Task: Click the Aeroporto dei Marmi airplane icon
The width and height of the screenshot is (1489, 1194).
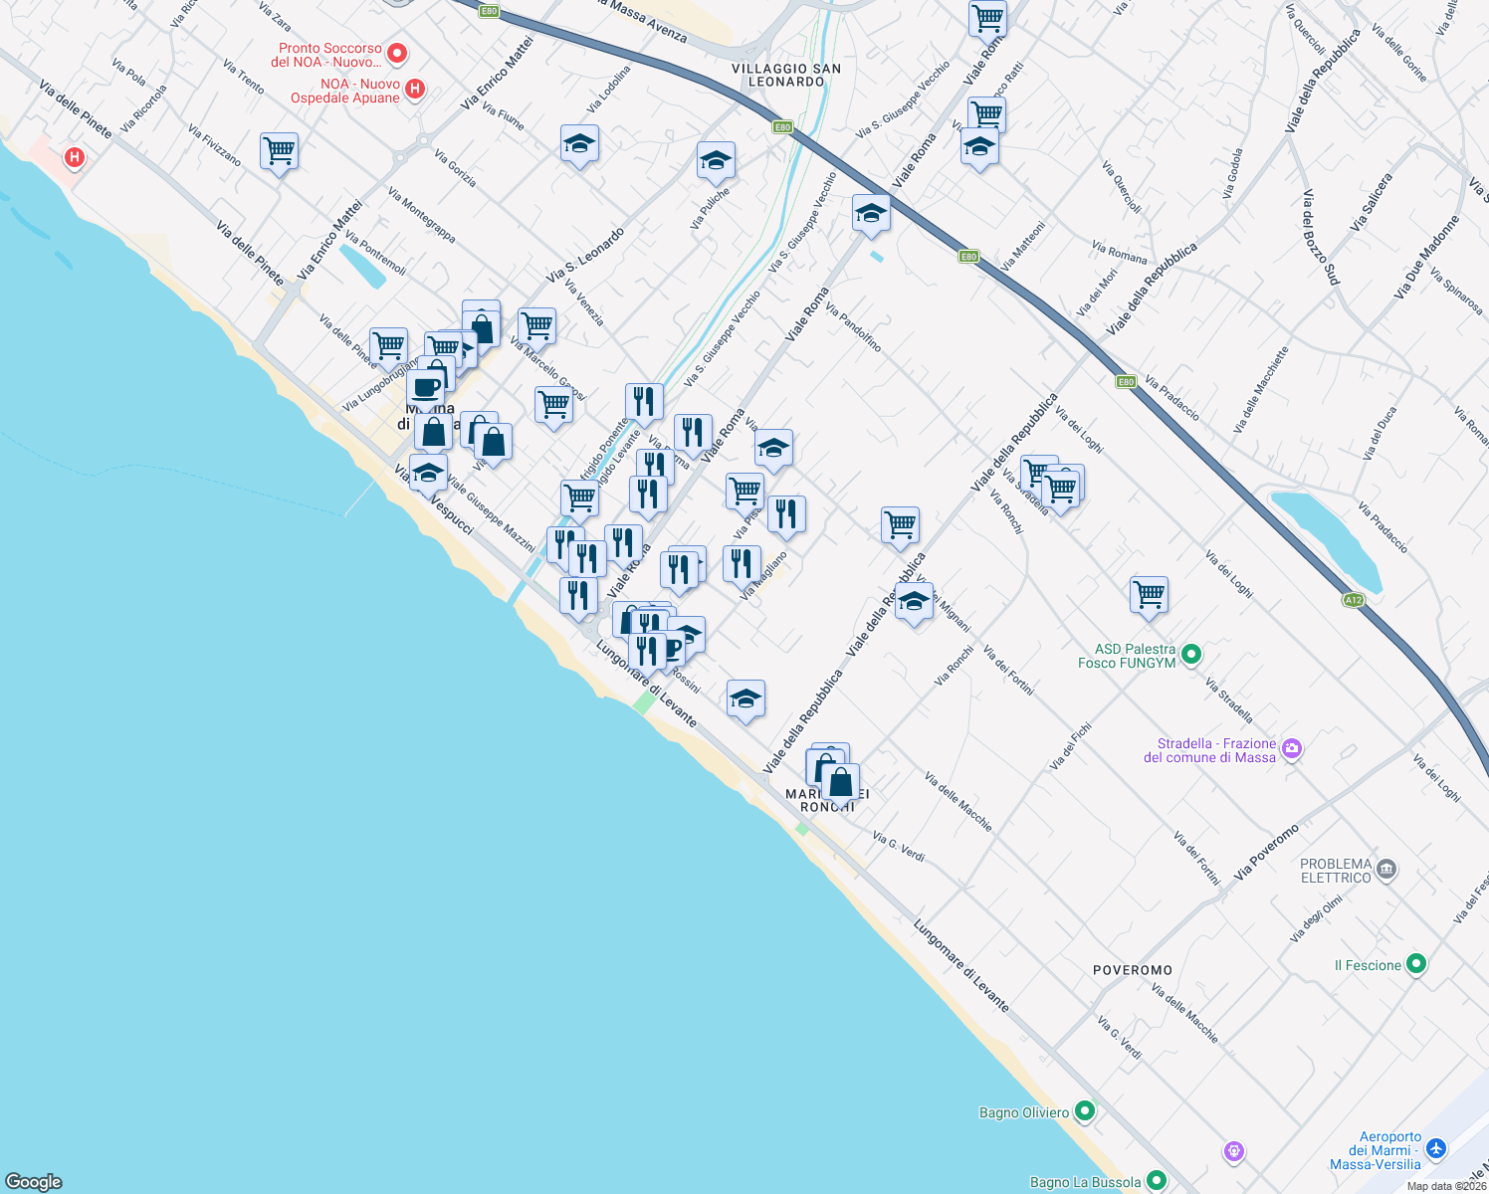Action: (x=1435, y=1149)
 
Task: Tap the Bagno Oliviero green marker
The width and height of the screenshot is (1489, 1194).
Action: (x=1085, y=1111)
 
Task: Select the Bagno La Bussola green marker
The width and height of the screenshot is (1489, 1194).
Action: (x=1156, y=1181)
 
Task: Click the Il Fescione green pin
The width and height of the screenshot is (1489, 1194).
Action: (x=1416, y=964)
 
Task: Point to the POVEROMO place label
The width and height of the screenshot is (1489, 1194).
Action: (x=1133, y=970)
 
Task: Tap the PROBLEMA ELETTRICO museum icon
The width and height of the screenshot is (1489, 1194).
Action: (x=1386, y=871)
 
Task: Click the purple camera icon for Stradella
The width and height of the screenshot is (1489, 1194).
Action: (x=1292, y=749)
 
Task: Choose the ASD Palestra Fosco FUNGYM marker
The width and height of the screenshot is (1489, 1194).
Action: (x=1191, y=655)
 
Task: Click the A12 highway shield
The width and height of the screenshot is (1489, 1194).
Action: (x=1353, y=600)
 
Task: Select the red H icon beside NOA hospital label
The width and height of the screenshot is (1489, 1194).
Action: (x=415, y=90)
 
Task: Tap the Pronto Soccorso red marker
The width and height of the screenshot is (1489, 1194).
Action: (x=397, y=53)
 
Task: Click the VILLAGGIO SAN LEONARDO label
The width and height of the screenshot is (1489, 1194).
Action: (x=786, y=75)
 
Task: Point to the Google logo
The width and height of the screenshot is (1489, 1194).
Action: (x=34, y=1182)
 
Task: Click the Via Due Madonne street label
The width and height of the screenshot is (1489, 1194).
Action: (x=1426, y=257)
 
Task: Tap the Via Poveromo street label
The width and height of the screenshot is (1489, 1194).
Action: (x=1266, y=852)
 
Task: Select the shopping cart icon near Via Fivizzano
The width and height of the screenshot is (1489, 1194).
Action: (x=280, y=152)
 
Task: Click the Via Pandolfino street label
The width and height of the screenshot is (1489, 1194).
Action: (x=853, y=328)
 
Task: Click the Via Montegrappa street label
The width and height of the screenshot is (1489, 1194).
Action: (x=422, y=216)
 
